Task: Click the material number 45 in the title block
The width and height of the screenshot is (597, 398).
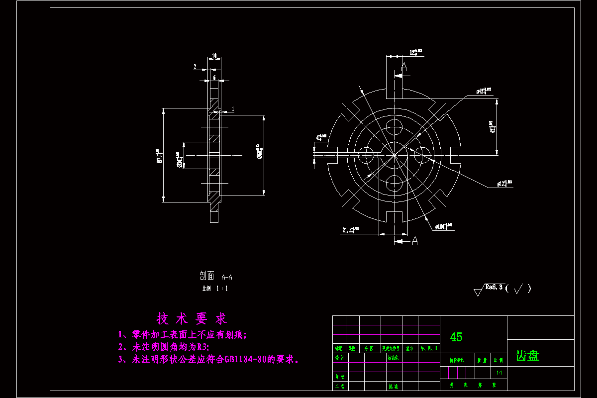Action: click(x=456, y=337)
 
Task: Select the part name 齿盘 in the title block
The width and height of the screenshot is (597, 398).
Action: click(x=527, y=355)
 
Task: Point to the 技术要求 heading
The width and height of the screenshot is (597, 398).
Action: click(x=192, y=318)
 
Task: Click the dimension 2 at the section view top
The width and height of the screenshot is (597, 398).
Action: click(x=195, y=66)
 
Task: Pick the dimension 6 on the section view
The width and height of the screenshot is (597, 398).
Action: click(x=214, y=78)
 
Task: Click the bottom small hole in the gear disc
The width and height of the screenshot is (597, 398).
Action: click(x=395, y=183)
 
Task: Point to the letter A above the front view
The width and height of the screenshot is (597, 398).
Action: click(x=404, y=66)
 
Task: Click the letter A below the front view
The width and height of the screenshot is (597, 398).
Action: click(x=414, y=240)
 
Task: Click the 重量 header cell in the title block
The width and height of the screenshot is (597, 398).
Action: click(x=482, y=360)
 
